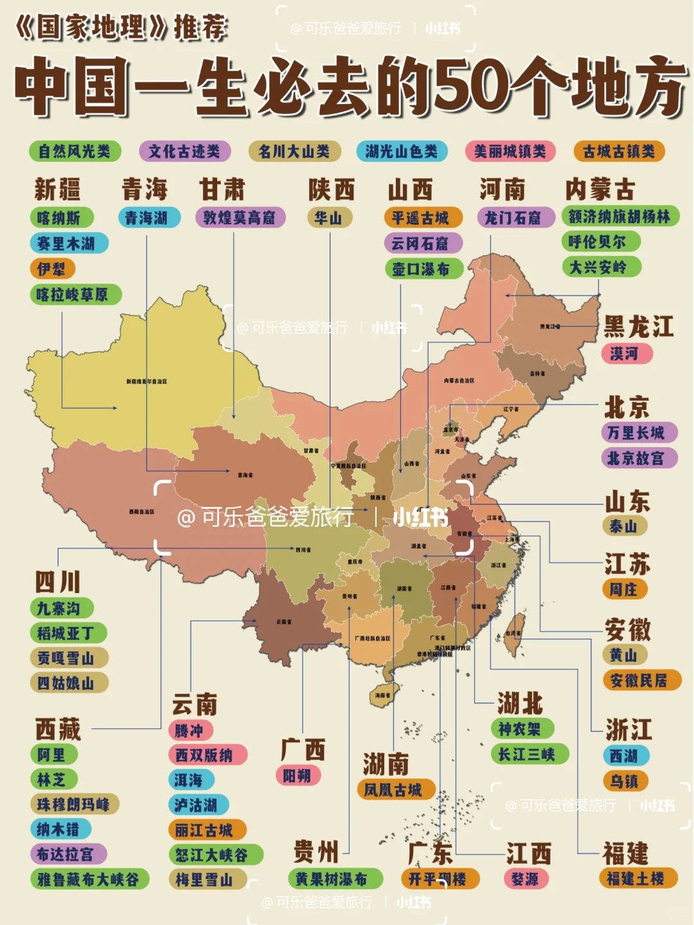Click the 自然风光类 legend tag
[75, 152]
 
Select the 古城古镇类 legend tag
[619, 152]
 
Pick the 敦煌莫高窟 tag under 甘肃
[240, 218]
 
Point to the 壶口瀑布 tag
[423, 269]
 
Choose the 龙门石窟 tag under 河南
[516, 218]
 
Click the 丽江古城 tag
[206, 830]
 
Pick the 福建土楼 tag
[638, 879]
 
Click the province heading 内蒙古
[600, 189]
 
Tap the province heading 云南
[194, 705]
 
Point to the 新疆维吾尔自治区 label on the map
[147, 382]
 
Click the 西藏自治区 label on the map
[141, 512]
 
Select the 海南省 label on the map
[383, 695]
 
